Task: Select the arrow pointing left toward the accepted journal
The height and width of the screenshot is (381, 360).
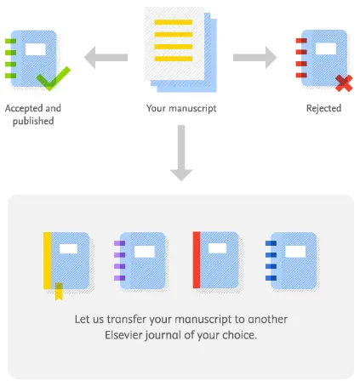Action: [106, 58]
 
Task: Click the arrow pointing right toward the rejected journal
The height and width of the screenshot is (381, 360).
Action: [254, 58]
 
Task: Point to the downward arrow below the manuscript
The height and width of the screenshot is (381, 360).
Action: [180, 154]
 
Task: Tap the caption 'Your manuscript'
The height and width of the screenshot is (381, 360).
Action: [180, 109]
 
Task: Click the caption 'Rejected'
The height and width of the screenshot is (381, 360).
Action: [323, 109]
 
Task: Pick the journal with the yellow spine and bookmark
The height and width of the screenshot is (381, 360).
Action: [68, 263]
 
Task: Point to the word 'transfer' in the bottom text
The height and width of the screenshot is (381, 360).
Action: [124, 320]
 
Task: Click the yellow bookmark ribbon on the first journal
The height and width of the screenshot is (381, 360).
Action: [59, 293]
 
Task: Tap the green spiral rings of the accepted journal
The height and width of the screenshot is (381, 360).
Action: [10, 57]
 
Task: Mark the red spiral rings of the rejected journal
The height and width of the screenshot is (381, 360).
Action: [300, 57]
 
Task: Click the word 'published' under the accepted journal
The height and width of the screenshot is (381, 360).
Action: [33, 121]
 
